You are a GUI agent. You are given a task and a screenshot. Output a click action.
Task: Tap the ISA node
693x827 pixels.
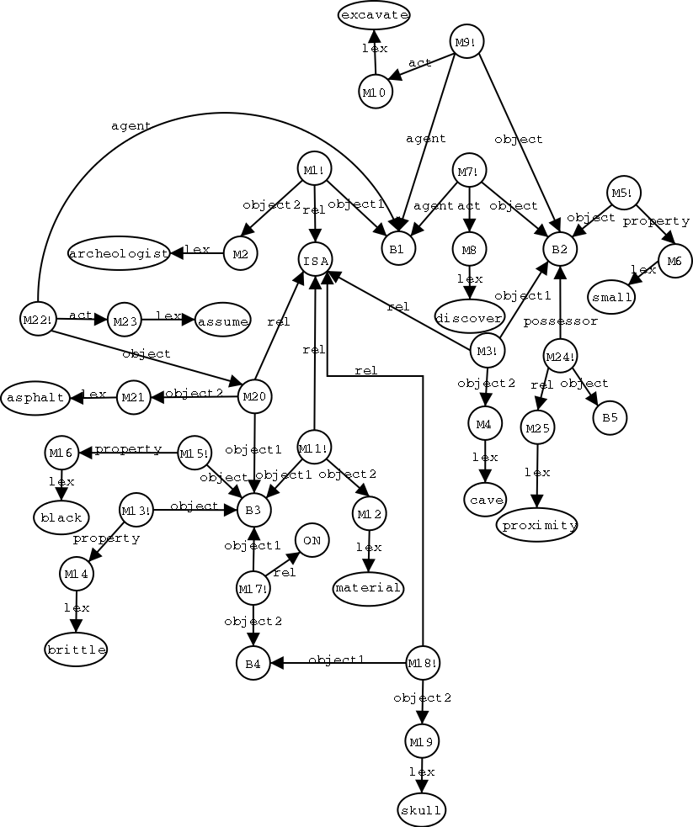point(315,259)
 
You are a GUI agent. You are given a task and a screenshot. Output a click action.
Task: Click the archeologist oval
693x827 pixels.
point(120,252)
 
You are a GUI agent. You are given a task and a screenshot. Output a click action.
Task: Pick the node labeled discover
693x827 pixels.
point(469,316)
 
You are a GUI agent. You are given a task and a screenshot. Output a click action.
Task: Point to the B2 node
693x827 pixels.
point(560,248)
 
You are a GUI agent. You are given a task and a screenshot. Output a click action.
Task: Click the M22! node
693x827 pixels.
point(37,319)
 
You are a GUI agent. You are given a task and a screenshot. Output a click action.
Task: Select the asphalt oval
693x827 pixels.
point(35,397)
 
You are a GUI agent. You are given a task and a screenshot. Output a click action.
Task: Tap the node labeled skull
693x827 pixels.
point(421,810)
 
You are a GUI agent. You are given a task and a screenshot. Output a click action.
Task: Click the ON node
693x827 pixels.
point(312,540)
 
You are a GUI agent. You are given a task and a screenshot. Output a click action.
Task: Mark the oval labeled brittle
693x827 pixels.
point(76,649)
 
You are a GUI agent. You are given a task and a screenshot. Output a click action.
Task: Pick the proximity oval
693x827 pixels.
point(539,526)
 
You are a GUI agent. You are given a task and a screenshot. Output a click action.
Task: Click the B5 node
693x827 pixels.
point(610,417)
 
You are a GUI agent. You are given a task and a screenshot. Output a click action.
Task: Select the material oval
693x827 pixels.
point(368,588)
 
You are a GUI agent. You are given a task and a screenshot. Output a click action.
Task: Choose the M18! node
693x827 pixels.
point(423,663)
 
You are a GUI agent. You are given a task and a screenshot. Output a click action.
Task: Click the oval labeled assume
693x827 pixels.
point(223,321)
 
